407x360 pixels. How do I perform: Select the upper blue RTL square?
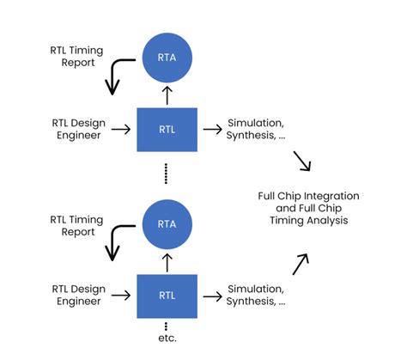tap(167, 130)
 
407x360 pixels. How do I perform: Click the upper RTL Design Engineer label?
tap(77, 130)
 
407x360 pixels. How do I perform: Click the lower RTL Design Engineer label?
tap(77, 296)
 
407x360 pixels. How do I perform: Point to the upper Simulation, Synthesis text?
tap(255, 130)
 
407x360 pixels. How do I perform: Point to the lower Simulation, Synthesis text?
tap(255, 296)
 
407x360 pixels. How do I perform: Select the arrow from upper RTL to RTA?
tap(167, 94)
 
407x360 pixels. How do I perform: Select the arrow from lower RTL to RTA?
tap(167, 260)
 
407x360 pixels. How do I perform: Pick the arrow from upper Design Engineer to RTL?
tap(122, 130)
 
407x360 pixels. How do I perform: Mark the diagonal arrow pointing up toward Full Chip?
tap(301, 264)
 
